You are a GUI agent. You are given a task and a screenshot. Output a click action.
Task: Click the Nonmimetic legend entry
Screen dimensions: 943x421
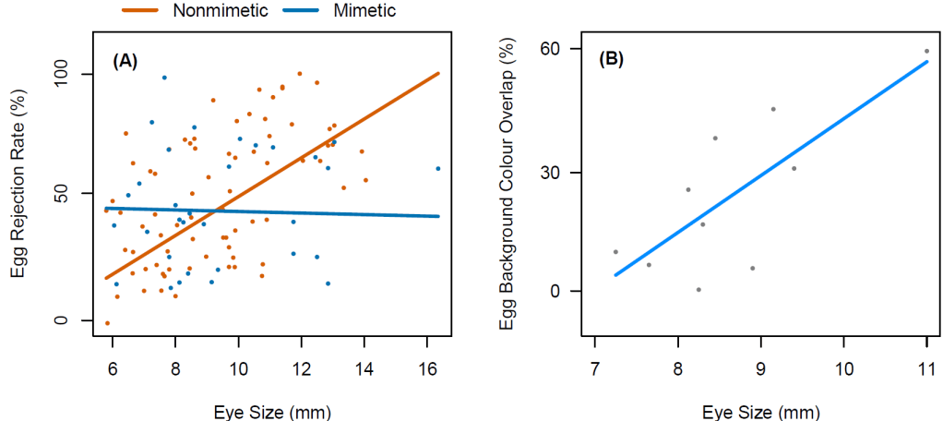click(x=196, y=10)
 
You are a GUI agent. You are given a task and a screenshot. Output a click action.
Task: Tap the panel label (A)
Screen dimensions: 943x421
click(x=125, y=61)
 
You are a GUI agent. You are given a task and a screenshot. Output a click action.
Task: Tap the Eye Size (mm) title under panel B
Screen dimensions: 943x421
click(x=761, y=412)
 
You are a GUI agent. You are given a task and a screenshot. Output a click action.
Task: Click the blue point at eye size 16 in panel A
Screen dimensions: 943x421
click(x=437, y=168)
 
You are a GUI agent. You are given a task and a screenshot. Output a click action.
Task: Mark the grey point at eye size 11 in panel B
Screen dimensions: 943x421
click(x=926, y=51)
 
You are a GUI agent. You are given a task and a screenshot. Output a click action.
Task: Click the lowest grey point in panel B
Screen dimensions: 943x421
click(x=698, y=289)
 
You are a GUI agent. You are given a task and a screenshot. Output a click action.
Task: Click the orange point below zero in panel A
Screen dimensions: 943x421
click(x=108, y=323)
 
